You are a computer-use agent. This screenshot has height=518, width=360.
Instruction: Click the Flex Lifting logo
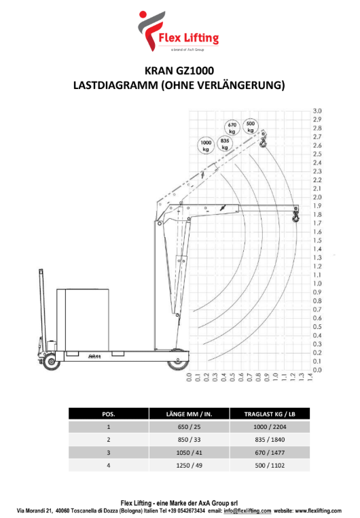178,31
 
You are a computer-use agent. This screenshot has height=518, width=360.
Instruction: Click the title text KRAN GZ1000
179,71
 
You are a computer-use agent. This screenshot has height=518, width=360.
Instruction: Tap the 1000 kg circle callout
206,145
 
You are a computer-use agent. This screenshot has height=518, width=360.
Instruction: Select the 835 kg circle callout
225,144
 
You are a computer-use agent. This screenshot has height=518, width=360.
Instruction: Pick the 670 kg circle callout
232,128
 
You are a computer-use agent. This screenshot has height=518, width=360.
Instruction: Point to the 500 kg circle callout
251,126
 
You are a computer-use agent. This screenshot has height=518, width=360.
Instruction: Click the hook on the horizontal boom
295,216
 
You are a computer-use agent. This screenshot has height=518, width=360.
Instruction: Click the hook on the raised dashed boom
263,142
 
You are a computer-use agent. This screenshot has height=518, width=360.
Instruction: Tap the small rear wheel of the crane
52,362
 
